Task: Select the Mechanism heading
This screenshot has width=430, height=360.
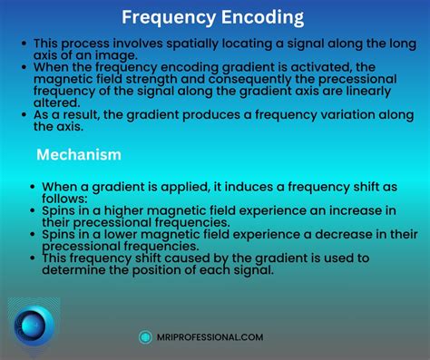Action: [x=79, y=155]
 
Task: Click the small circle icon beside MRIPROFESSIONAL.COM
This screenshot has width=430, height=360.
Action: [x=145, y=336]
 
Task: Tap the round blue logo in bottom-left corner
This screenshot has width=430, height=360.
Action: [x=34, y=325]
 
